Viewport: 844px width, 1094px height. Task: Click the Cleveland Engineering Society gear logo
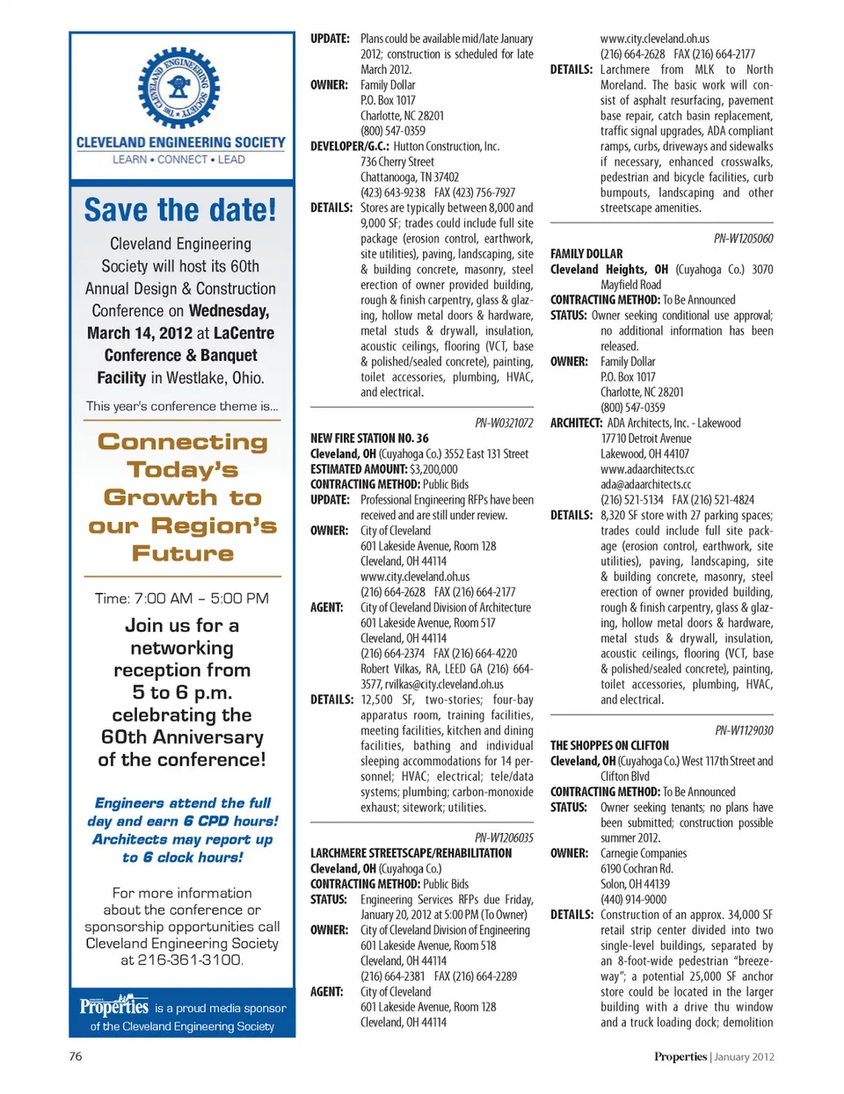pos(179,88)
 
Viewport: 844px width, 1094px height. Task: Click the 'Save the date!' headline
pos(180,210)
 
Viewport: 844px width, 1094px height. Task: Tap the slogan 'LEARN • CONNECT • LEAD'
pos(179,160)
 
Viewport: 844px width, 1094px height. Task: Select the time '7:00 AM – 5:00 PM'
pos(182,598)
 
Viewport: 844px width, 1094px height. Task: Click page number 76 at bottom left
pos(76,1056)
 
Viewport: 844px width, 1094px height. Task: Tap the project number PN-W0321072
pos(504,423)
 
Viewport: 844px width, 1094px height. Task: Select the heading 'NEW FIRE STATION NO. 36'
pos(369,438)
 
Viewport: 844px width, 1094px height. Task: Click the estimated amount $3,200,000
pos(433,469)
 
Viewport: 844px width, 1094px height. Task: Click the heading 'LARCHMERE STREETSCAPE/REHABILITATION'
pos(411,852)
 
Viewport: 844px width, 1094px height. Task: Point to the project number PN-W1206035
pos(504,837)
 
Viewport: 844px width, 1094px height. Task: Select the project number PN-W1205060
pos(743,238)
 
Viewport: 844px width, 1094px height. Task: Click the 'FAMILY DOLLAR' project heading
pos(586,253)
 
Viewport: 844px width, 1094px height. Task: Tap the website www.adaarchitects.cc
pos(647,469)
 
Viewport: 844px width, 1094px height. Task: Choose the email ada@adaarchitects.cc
pos(646,484)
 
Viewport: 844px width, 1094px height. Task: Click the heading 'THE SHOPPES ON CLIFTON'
pos(609,745)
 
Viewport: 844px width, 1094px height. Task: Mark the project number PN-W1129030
pos(744,730)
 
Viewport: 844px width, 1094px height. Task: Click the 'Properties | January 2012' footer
pos(714,1056)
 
